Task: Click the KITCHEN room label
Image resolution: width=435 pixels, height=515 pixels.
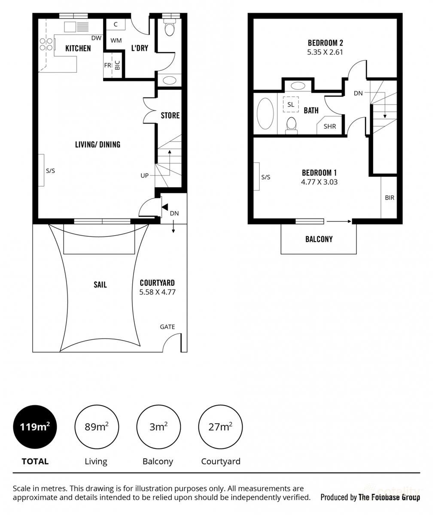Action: [78, 48]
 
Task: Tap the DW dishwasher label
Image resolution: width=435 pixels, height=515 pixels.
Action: [96, 38]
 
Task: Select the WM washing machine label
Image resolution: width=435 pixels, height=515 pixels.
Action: [116, 41]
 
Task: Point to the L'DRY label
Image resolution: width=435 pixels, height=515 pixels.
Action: [140, 48]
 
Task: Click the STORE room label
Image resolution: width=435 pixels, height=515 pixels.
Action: [170, 115]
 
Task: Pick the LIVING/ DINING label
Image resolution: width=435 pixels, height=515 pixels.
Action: [97, 144]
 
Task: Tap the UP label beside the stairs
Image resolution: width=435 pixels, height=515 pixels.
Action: [145, 176]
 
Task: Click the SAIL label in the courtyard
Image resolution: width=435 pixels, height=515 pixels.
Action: [100, 285]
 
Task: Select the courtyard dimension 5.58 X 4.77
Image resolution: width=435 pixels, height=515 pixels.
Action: [157, 292]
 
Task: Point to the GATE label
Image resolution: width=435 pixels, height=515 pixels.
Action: [167, 327]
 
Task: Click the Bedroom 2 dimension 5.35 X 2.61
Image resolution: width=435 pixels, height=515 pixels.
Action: [325, 52]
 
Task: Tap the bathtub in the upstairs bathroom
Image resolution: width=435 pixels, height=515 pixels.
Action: [265, 114]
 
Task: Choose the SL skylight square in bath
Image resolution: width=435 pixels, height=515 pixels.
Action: [291, 104]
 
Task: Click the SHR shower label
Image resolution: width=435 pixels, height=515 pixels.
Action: [330, 127]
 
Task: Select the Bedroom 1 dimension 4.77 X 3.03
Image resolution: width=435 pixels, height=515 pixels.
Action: [319, 182]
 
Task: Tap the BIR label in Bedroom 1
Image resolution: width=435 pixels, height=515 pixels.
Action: [389, 198]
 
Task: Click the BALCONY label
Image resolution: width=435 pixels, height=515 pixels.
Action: [319, 239]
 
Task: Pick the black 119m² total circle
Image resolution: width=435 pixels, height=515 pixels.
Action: [35, 427]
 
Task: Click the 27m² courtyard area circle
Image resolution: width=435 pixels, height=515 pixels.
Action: [220, 427]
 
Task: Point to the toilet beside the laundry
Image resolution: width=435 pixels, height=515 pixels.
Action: [170, 29]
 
